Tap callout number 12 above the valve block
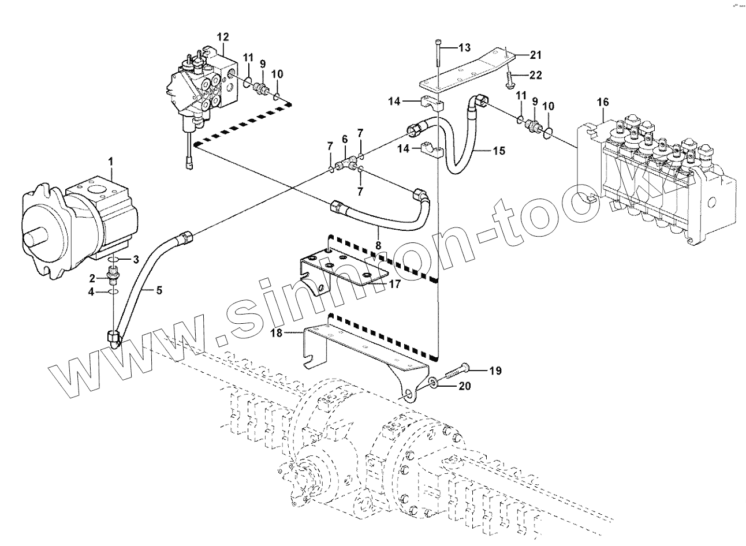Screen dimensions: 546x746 tap(223, 37)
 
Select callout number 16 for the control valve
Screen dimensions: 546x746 tap(603, 102)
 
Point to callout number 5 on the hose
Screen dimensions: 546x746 tap(159, 291)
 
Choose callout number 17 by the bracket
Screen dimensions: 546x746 tap(395, 283)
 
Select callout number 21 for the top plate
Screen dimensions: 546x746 tap(535, 55)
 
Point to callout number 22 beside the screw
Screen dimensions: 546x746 tap(535, 74)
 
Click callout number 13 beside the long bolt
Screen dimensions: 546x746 tap(465, 47)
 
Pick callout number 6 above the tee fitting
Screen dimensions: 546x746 tap(345, 139)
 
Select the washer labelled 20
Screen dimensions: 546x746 tap(434, 382)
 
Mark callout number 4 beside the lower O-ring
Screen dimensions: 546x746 tap(91, 292)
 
